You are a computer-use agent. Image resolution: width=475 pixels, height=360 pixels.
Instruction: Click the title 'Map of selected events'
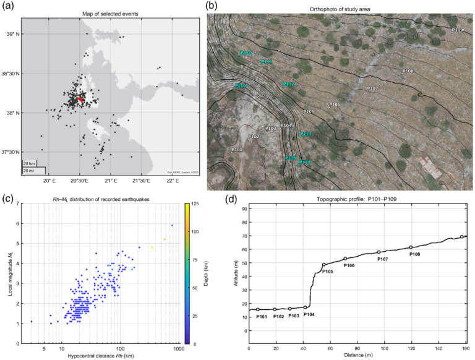click(x=109, y=14)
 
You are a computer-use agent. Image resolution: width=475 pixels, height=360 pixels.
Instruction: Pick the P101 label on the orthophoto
click(x=236, y=150)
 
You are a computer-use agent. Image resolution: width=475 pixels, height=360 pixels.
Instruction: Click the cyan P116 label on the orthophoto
click(x=240, y=86)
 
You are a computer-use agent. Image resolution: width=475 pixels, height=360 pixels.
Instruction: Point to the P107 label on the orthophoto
click(x=372, y=88)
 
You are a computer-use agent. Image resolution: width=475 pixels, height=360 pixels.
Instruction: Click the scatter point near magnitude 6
click(x=172, y=225)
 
